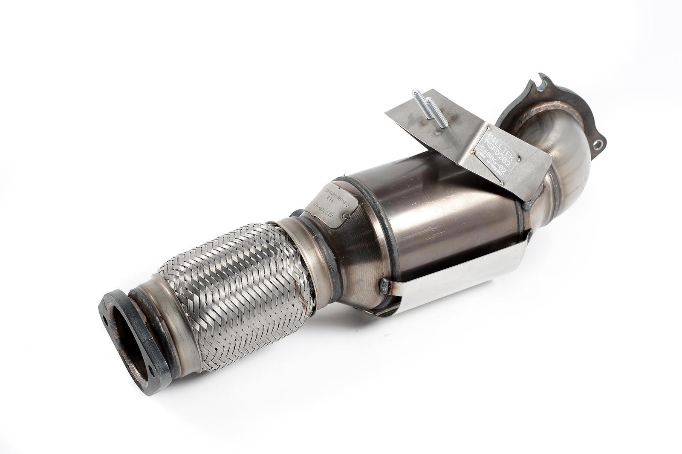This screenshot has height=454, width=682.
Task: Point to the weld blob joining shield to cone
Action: [x=384, y=284]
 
